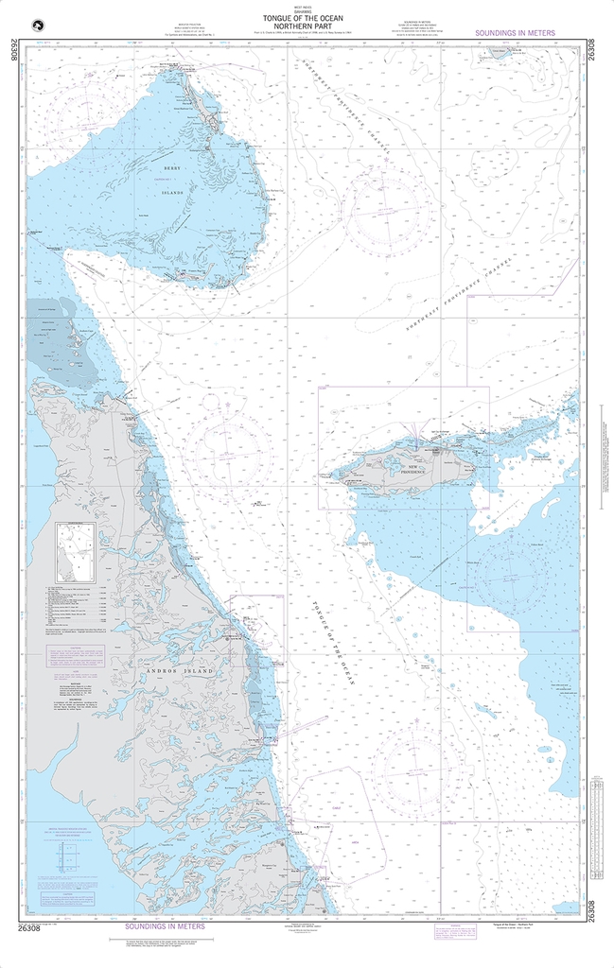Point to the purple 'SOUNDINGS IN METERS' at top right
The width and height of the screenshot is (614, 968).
[x=516, y=33]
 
